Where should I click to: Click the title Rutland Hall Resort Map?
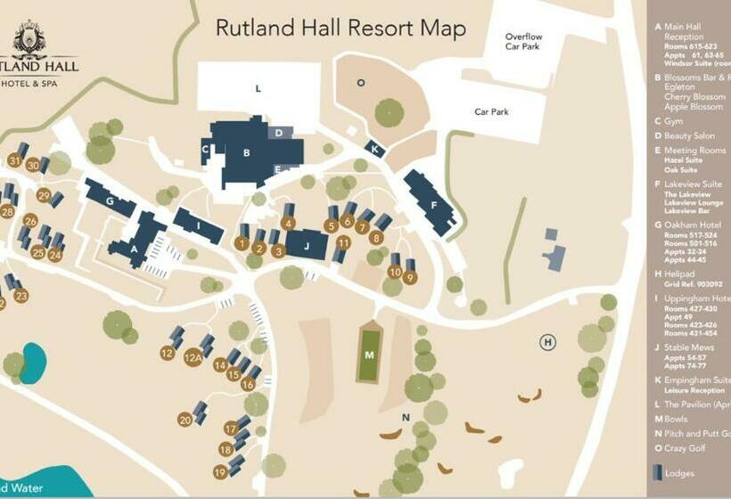tap(341, 28)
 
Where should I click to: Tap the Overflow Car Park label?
tap(523, 42)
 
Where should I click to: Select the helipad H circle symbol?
tap(548, 341)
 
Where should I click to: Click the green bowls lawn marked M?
tap(369, 355)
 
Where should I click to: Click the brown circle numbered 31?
tap(14, 160)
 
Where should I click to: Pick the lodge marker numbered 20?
tap(185, 419)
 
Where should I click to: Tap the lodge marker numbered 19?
tap(220, 471)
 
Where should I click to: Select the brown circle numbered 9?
tap(410, 277)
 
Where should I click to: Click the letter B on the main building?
tap(246, 152)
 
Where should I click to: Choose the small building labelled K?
tap(375, 149)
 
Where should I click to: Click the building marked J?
tap(308, 244)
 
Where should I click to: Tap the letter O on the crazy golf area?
tap(360, 83)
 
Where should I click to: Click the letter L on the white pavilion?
tap(258, 88)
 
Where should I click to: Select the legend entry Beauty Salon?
tap(689, 135)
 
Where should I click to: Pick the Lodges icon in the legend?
tap(658, 472)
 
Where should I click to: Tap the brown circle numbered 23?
tap(21, 296)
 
